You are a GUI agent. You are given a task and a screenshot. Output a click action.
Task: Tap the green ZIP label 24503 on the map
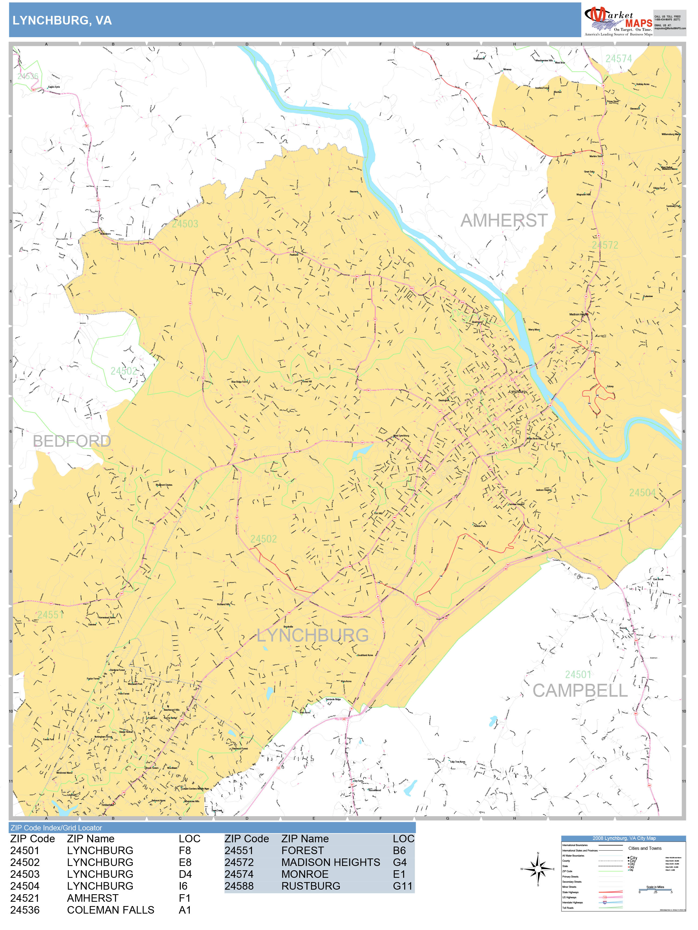185,224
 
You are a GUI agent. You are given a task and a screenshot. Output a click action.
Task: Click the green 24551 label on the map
50,615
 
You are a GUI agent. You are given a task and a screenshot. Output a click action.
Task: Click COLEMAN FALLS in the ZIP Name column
110,910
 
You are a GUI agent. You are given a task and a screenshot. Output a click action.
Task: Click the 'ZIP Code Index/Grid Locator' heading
56,828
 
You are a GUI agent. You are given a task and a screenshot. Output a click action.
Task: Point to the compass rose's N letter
538,853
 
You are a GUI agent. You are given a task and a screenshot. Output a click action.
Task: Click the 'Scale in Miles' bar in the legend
655,889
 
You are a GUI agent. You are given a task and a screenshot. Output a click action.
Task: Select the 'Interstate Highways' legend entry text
572,902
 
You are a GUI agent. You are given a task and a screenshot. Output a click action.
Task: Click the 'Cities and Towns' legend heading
645,848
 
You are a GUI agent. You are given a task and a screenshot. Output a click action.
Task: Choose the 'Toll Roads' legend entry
568,908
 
